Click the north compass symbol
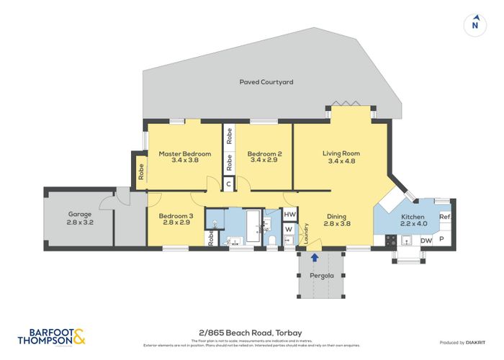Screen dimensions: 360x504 pyautogui.click(x=474, y=23)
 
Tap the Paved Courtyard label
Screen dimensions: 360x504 pyautogui.click(x=266, y=83)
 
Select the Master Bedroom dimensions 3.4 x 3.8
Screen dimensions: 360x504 pyautogui.click(x=185, y=160)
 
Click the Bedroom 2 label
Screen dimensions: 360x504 pyautogui.click(x=264, y=153)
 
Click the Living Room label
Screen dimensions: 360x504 pyautogui.click(x=341, y=153)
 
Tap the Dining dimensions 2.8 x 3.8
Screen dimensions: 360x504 pyautogui.click(x=336, y=223)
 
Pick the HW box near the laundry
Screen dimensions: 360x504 pyautogui.click(x=289, y=215)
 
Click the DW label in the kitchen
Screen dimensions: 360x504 pyautogui.click(x=426, y=240)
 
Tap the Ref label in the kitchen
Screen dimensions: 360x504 pyautogui.click(x=444, y=217)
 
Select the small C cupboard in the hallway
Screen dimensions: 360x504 pyautogui.click(x=228, y=184)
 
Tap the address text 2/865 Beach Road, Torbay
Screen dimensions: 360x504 pyautogui.click(x=251, y=332)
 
